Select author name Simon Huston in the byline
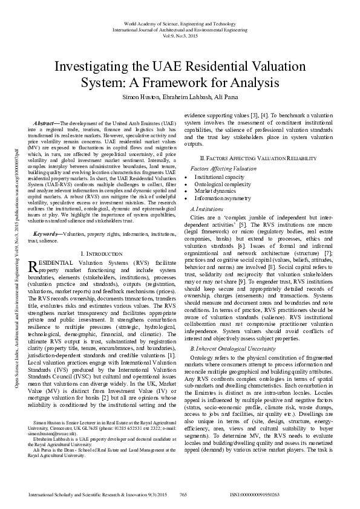[x=140, y=97]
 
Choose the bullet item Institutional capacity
[x=219, y=177]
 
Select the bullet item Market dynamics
[x=215, y=191]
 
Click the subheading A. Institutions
[x=206, y=208]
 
